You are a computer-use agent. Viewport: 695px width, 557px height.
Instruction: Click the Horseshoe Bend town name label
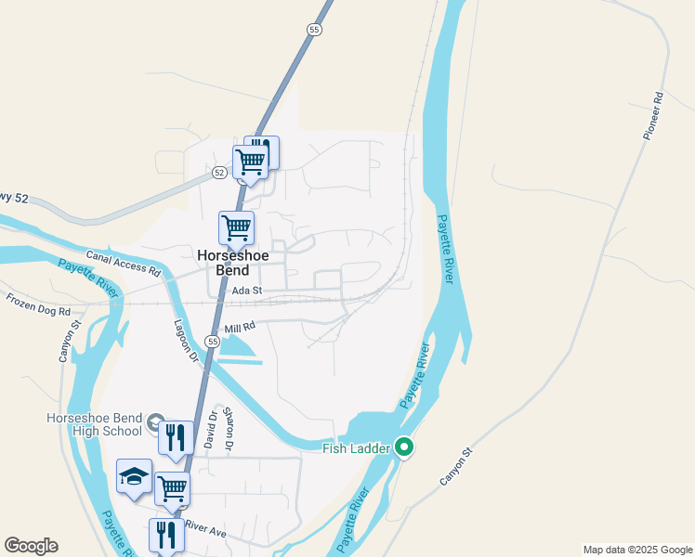[x=223, y=261]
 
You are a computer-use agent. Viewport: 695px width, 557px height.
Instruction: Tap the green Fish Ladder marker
[x=404, y=448]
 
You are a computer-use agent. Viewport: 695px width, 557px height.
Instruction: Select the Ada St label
[x=248, y=291]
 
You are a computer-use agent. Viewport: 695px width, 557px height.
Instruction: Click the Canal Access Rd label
[x=124, y=264]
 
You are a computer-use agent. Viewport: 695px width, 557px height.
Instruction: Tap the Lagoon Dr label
[x=187, y=341]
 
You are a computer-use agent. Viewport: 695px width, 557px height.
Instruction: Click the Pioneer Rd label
[x=652, y=115]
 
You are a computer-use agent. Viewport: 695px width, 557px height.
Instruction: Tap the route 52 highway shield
[x=219, y=173]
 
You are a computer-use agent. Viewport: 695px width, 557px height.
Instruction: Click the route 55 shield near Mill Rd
[x=213, y=343]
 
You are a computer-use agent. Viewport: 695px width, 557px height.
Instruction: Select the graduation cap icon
[x=135, y=476]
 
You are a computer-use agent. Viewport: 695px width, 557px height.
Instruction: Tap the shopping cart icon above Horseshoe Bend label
[x=236, y=227]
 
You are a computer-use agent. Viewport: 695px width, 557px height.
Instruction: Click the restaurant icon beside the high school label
[x=176, y=436]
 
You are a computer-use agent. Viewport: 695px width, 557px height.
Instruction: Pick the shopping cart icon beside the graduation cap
[x=172, y=487]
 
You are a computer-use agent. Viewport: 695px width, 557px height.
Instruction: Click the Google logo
[x=31, y=546]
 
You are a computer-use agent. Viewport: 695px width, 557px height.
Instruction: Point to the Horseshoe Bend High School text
[x=94, y=424]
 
